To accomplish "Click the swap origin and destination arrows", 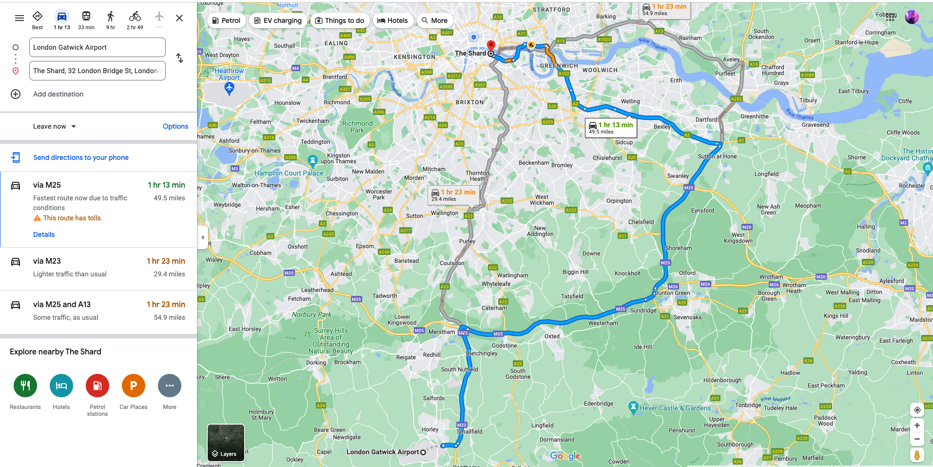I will click(x=179, y=58).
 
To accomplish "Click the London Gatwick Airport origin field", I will click(x=97, y=47).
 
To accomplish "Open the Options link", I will click(x=175, y=126).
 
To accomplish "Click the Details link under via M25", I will click(x=44, y=234).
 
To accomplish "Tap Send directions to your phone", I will click(x=81, y=157).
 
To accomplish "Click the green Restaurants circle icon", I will click(x=25, y=386).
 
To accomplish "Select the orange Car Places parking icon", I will click(x=134, y=386).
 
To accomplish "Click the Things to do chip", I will click(x=340, y=20).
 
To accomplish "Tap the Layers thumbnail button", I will click(x=226, y=443).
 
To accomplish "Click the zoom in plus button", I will click(x=917, y=426).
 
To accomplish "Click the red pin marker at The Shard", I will click(x=491, y=46).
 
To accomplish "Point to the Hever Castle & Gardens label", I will click(x=675, y=408).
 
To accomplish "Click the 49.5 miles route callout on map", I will click(x=611, y=128).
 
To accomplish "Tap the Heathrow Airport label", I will click(x=229, y=74).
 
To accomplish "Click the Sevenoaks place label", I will click(x=687, y=317).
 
